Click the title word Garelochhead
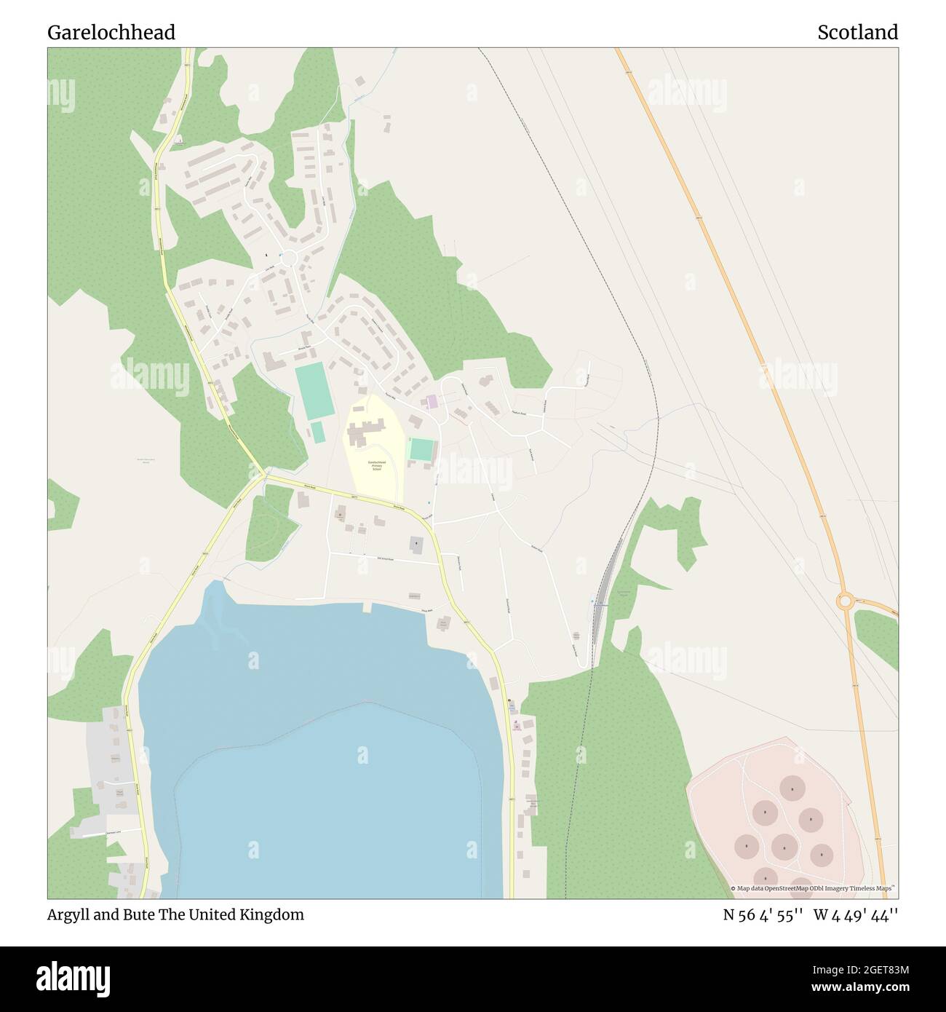[111, 33]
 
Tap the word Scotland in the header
[857, 33]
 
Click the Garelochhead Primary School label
[376, 466]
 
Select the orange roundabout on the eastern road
[846, 602]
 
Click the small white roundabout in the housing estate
[290, 258]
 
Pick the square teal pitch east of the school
[421, 449]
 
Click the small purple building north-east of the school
[432, 401]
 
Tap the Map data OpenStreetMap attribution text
[813, 888]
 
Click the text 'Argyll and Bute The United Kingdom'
[175, 914]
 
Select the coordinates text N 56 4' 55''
[762, 915]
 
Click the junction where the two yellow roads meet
[263, 476]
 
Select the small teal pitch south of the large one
[318, 432]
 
